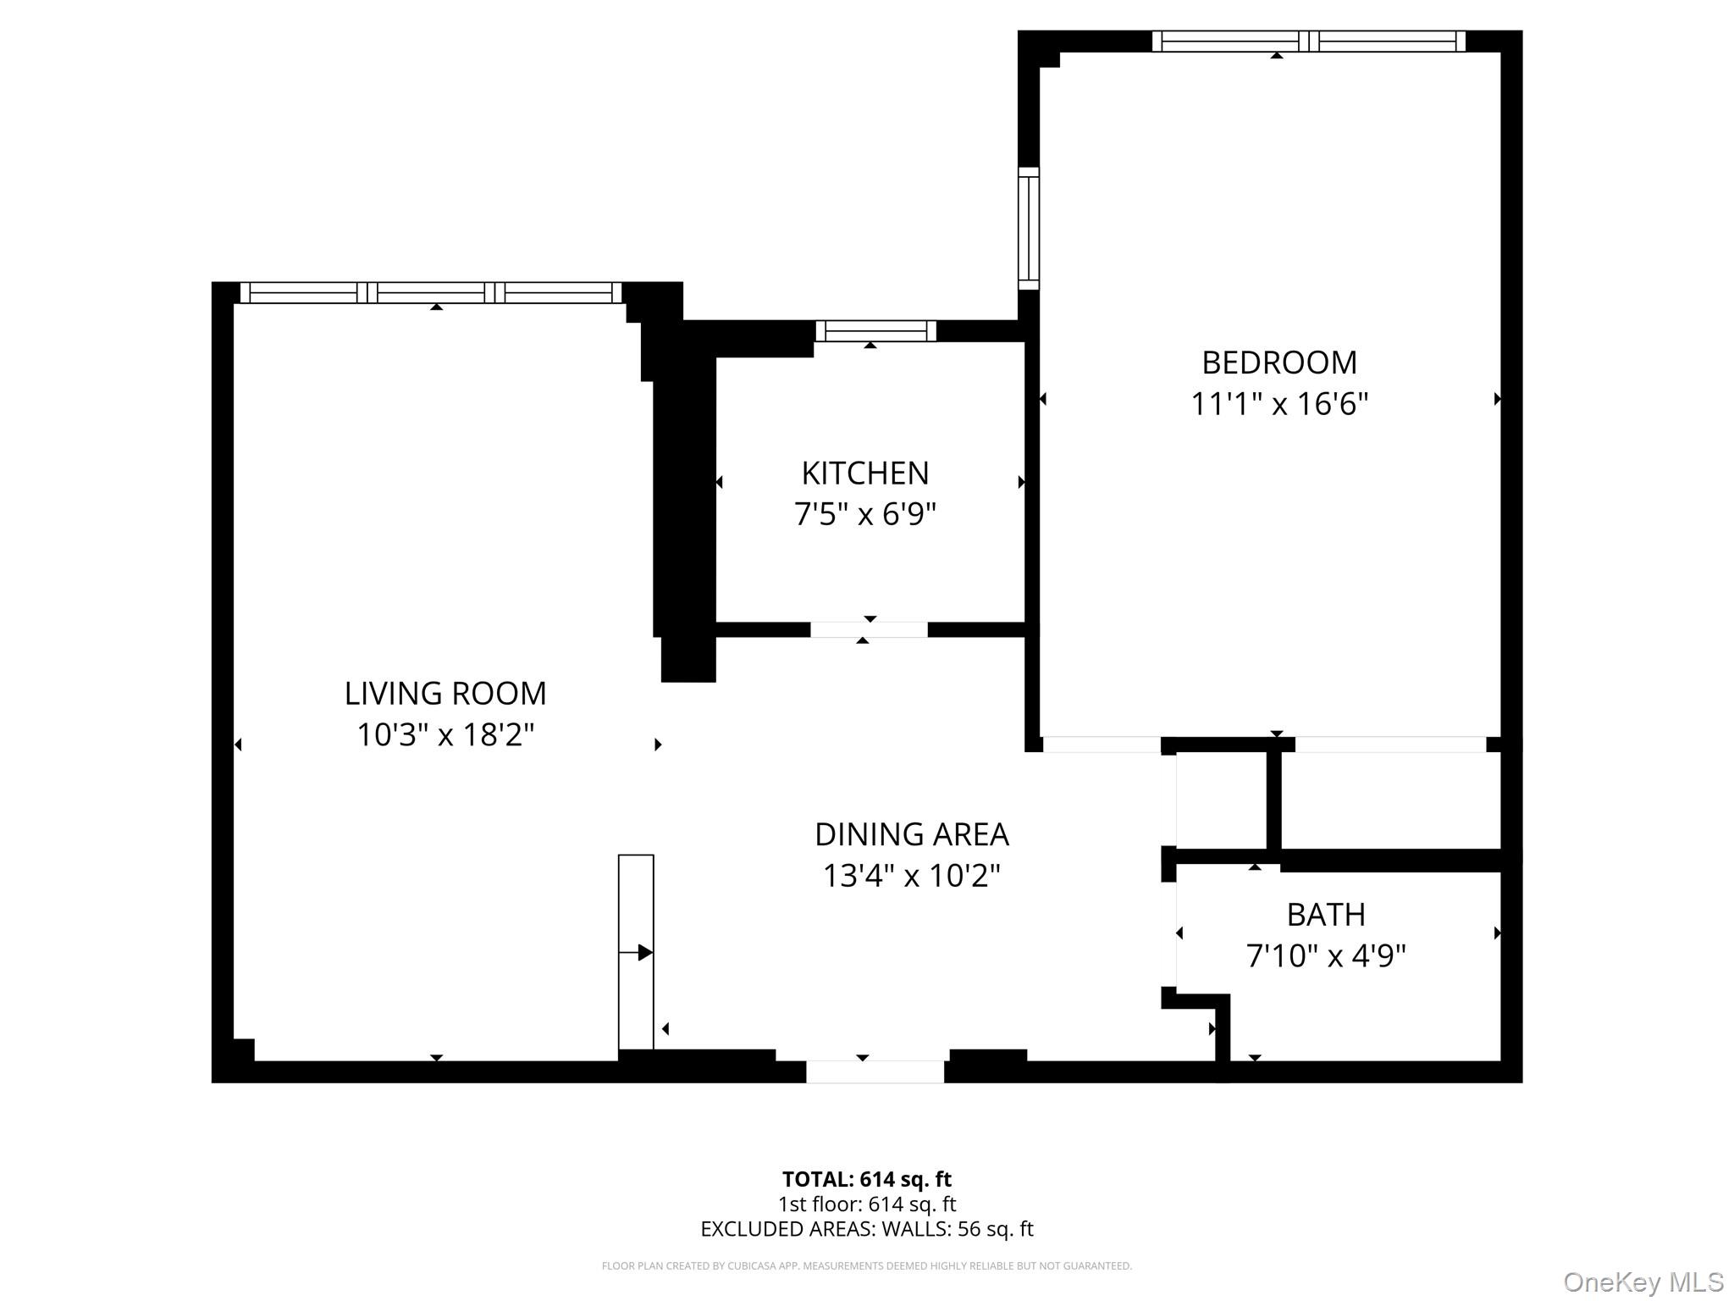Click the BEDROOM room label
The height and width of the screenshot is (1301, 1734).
1278,363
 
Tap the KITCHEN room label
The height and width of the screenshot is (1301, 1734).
864,473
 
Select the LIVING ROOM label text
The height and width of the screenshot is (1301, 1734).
445,694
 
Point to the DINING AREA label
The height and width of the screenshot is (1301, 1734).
911,834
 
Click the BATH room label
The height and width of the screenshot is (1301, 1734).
1325,915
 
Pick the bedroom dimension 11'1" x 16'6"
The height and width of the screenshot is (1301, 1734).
1278,404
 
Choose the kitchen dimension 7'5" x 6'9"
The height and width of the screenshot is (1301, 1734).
864,514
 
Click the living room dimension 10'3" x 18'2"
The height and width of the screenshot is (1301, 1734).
445,734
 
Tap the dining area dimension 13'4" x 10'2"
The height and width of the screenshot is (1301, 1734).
911,875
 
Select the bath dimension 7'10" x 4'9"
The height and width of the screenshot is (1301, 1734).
1325,956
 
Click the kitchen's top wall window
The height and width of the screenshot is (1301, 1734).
875,330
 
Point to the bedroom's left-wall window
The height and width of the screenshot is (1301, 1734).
1028,229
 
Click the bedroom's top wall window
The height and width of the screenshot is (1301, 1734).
1308,41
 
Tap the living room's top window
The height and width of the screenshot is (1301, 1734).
431,292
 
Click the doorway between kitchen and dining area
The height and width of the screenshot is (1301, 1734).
869,629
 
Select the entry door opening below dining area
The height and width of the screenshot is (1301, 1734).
875,1071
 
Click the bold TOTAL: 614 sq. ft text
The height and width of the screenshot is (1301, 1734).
866,1179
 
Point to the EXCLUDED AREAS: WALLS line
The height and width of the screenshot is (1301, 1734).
866,1229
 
